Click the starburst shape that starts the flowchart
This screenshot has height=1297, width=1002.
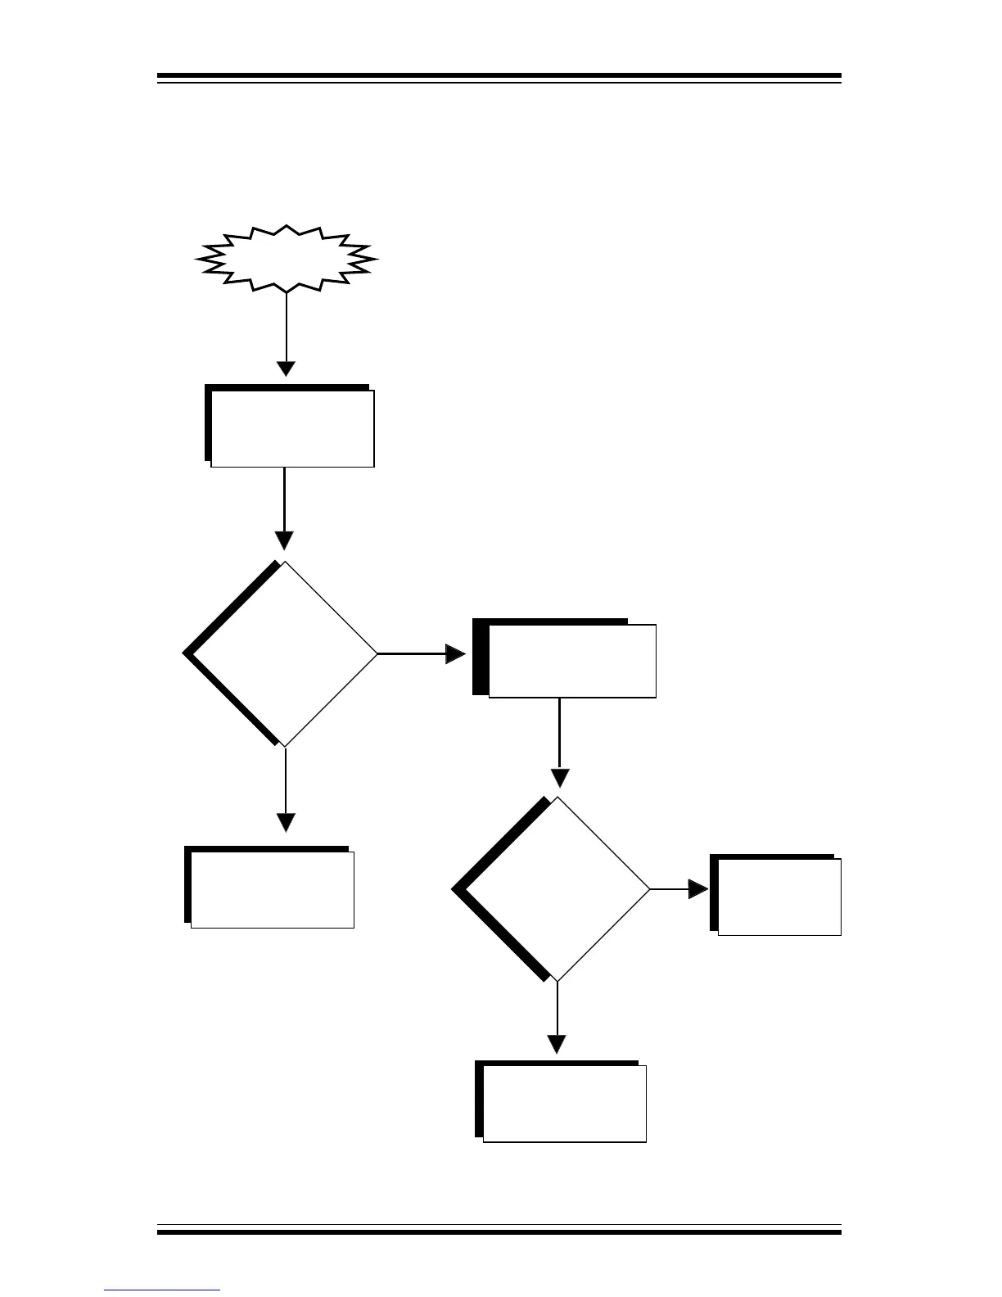[286, 258]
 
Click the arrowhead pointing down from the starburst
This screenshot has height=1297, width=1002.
[286, 368]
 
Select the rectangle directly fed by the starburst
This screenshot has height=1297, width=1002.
[291, 426]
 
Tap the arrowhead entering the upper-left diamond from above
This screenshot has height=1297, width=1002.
[284, 540]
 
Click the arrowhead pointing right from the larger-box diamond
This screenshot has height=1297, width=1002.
[455, 653]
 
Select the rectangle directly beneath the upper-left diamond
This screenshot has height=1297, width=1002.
[270, 888]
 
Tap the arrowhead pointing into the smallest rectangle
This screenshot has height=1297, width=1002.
[698, 889]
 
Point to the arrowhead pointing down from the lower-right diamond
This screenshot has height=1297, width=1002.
[557, 1044]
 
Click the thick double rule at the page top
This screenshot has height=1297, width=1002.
[499, 79]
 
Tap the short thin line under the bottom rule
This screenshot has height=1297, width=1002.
[162, 1290]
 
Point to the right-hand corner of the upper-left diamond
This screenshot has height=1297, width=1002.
[377, 653]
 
